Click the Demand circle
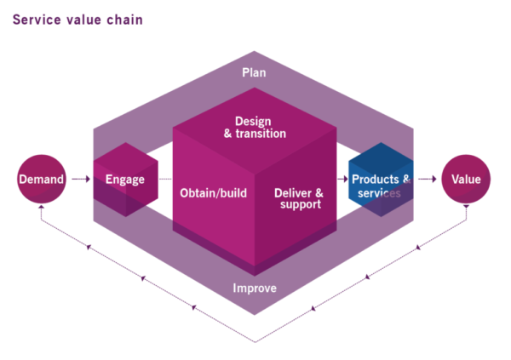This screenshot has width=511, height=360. click(x=42, y=180)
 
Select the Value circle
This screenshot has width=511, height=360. click(x=466, y=180)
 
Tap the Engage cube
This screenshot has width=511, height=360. click(x=124, y=180)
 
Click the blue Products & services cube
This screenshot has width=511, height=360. click(x=381, y=180)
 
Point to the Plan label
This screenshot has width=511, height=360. click(x=252, y=72)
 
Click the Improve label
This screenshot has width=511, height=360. click(x=255, y=288)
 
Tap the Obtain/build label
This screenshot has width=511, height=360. click(x=213, y=193)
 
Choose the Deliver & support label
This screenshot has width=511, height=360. click(x=298, y=199)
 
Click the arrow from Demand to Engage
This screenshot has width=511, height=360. click(x=80, y=180)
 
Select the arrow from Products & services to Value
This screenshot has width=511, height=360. click(x=427, y=180)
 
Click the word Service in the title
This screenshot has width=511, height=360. click(x=35, y=18)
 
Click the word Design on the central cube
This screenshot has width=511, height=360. click(x=252, y=120)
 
